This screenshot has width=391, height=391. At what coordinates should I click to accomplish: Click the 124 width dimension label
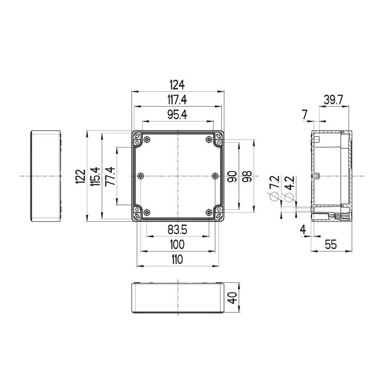pyautogui.click(x=177, y=84)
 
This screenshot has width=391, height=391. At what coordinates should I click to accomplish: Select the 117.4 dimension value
pyautogui.click(x=177, y=100)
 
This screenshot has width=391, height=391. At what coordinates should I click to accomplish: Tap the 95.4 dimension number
pyautogui.click(x=177, y=115)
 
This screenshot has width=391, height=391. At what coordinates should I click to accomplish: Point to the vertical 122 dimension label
pyautogui.click(x=80, y=177)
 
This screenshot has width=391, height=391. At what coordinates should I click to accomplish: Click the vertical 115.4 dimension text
pyautogui.click(x=95, y=177)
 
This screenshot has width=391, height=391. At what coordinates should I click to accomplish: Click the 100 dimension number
pyautogui.click(x=177, y=245)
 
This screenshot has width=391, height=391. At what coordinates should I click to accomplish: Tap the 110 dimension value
pyautogui.click(x=177, y=259)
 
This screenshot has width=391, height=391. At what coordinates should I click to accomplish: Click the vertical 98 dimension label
pyautogui.click(x=246, y=177)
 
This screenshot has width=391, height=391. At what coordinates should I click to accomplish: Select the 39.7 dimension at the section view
pyautogui.click(x=333, y=100)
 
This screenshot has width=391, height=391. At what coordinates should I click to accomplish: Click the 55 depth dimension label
pyautogui.click(x=331, y=245)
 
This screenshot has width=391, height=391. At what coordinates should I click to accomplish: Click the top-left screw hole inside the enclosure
pyautogui.click(x=147, y=140)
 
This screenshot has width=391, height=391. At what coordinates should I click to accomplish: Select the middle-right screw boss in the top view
pyautogui.click(x=214, y=176)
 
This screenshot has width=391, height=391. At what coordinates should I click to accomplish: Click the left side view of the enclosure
pyautogui.click(x=46, y=176)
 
